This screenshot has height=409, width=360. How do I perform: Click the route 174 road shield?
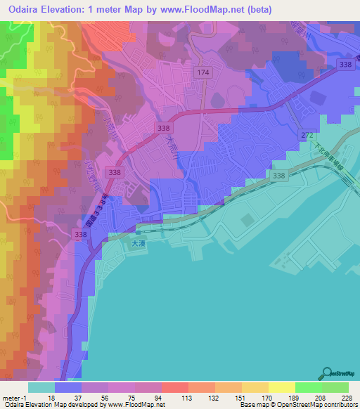tap(204, 73)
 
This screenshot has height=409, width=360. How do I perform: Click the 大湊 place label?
tap(139, 244)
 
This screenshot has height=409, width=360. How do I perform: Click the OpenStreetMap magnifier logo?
tap(328, 373)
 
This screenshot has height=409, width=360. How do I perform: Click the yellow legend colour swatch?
tap(282, 387)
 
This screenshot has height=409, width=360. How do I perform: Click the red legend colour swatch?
tap(175, 387)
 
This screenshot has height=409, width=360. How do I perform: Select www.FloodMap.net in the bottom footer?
tap(138, 405)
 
